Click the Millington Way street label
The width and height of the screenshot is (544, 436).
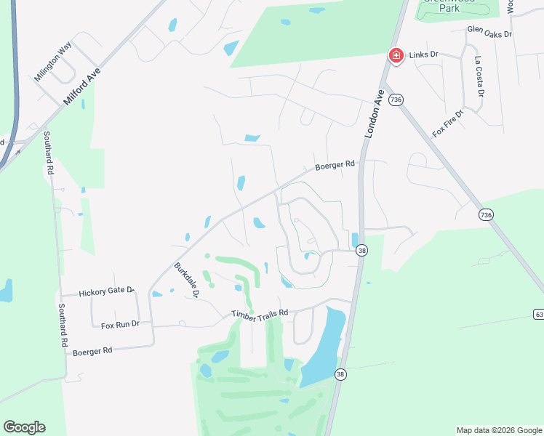pos(53,62)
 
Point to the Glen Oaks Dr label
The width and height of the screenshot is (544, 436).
pos(489,33)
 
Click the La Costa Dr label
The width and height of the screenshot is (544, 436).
pos(479,76)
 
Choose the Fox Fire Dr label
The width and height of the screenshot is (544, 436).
pos(447,123)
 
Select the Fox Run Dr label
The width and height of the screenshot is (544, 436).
pos(120,324)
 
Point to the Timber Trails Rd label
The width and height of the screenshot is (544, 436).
pos(260,313)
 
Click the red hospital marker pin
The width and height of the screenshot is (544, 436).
pos(396,55)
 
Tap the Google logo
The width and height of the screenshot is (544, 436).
pos(24,427)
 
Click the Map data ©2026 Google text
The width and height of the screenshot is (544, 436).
pos(499,430)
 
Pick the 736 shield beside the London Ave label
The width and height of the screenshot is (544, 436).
pos(396,100)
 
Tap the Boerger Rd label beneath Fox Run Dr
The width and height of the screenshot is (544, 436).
pos(92,351)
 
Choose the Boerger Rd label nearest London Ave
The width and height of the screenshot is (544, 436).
pos(334,166)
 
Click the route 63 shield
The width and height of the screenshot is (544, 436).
pos(538,314)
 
